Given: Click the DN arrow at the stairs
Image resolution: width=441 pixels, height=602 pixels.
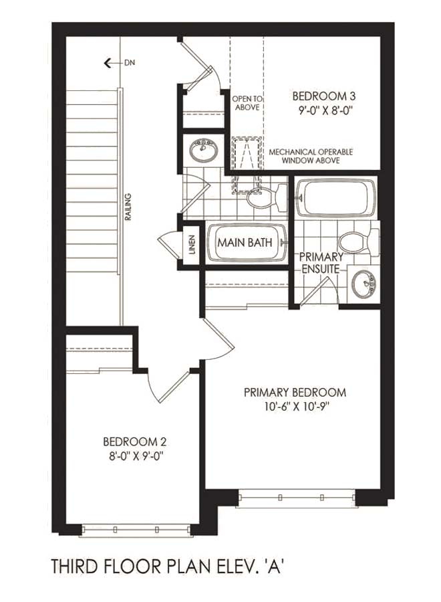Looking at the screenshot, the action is coord(113,63).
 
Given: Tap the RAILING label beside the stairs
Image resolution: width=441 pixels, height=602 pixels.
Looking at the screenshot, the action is coord(128,207).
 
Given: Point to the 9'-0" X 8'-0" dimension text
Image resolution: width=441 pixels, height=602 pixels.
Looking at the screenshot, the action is coord(325,111).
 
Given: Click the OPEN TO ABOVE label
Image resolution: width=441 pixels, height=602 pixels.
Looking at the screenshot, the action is coord(247,104).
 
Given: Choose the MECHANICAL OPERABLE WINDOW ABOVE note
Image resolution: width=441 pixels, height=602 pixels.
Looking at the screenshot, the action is coord(311,157).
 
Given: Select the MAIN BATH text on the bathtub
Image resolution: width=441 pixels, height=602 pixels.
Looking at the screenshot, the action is coord(245,243).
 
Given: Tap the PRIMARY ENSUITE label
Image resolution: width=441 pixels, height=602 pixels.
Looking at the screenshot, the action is coord(321,263).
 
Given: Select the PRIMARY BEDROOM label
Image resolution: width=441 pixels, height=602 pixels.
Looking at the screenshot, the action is coord(295,393).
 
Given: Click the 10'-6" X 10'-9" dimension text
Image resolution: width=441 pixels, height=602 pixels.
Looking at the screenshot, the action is coord(297,407).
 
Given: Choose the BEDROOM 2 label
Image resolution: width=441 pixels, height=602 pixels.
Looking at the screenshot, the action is coord(134,442).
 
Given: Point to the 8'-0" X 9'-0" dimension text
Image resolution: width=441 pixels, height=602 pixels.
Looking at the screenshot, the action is coord(134,456).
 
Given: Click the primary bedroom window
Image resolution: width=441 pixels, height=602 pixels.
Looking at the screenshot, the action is coord(297,498).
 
